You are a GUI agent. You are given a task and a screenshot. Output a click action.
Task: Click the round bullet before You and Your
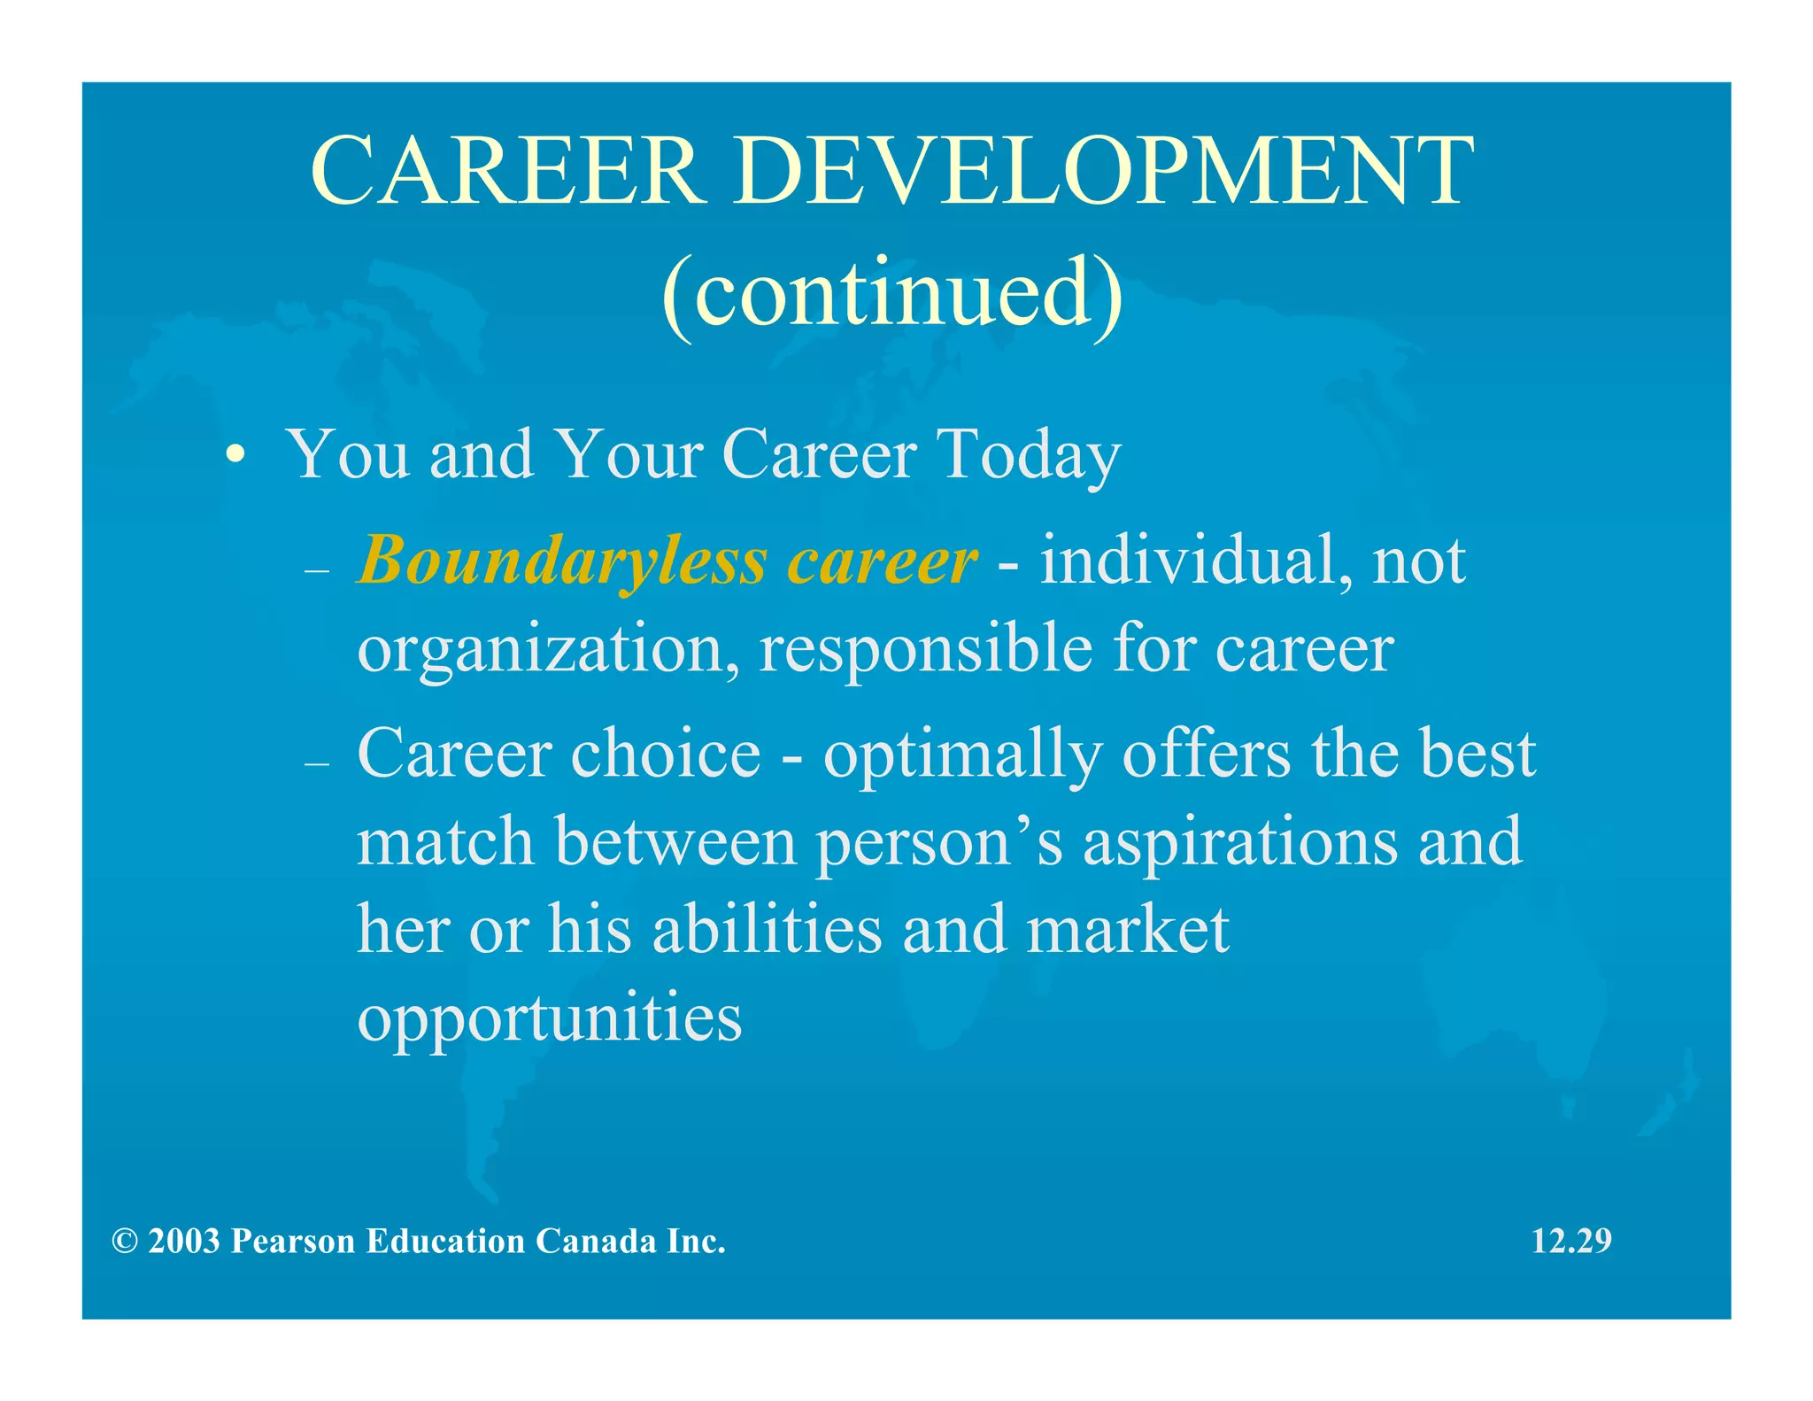click(235, 456)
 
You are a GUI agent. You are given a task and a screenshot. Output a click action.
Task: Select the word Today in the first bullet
click(1029, 455)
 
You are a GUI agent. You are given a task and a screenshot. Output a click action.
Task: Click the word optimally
click(962, 755)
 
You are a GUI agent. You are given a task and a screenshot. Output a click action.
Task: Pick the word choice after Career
click(666, 754)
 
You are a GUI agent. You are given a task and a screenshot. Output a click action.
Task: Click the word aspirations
click(1240, 843)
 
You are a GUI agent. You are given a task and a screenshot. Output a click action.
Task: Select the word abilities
click(767, 930)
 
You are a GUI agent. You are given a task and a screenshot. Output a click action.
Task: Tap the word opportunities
click(549, 1019)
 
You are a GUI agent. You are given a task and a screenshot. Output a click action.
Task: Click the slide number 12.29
click(1570, 1241)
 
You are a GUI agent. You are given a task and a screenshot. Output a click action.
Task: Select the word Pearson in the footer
click(292, 1241)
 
